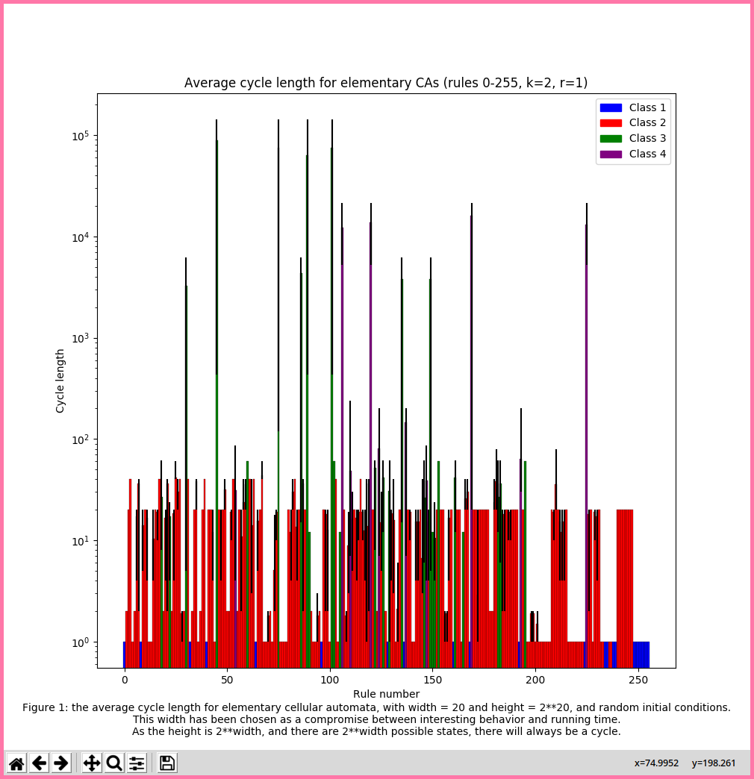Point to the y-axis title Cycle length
tap(60, 381)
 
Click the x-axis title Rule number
tap(386, 694)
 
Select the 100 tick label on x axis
tap(330, 681)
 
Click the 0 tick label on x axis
tap(125, 681)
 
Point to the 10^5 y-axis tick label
tap(79, 137)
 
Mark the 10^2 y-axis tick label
tap(79, 439)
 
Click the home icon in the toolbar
tap(16, 763)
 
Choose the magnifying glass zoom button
tap(114, 763)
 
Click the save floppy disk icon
tap(167, 763)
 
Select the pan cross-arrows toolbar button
tap(92, 763)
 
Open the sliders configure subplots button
tap(137, 763)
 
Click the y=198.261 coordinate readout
tap(714, 763)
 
